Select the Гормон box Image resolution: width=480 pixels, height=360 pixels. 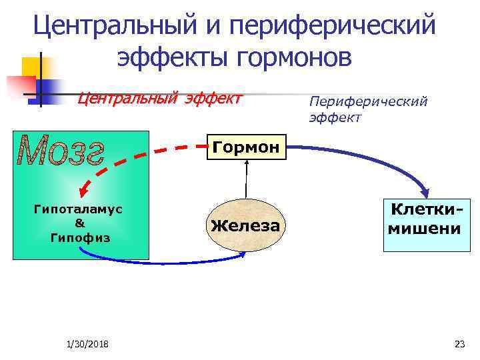pyautogui.click(x=247, y=147)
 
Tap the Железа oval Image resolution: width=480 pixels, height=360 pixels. pyautogui.click(x=245, y=225)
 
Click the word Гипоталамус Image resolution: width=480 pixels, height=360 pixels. pyautogui.click(x=78, y=209)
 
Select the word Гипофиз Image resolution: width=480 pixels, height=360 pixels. pyautogui.click(x=78, y=237)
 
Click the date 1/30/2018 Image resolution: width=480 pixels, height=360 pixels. pyautogui.click(x=89, y=344)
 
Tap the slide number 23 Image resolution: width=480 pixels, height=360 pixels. pyautogui.click(x=459, y=344)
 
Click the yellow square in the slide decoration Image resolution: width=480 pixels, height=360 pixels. pyautogui.click(x=33, y=67)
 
